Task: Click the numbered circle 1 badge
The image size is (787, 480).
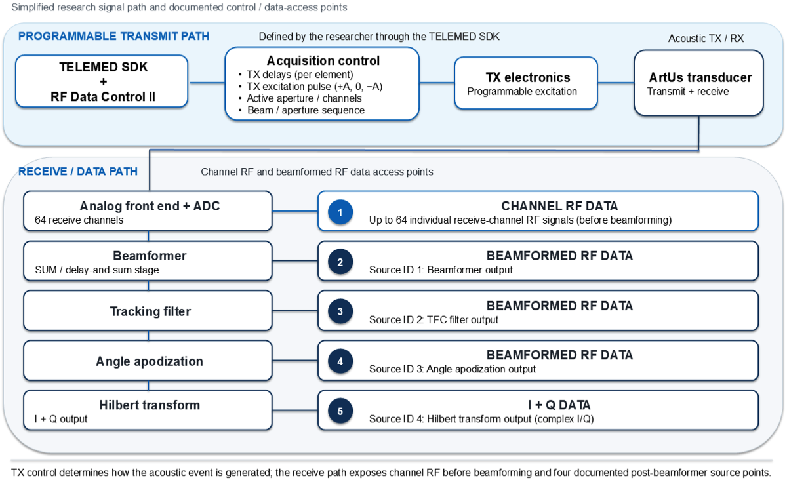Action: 340,212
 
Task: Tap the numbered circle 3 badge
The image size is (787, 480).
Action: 340,311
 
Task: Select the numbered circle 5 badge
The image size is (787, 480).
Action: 340,410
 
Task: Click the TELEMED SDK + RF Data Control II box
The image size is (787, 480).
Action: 102,81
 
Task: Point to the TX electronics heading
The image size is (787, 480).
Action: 528,77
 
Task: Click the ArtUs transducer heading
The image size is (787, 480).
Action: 700,77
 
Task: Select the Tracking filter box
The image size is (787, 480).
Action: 148,311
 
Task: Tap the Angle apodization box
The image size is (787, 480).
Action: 148,361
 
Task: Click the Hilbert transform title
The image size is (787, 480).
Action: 150,405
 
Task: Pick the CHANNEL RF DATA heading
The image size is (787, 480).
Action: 559,206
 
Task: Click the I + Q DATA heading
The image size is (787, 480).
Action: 559,405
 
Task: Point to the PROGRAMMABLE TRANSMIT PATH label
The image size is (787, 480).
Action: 113,36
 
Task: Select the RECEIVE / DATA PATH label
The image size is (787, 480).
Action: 78,172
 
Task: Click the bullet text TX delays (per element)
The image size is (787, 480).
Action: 300,75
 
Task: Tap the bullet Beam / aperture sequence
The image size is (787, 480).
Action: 306,110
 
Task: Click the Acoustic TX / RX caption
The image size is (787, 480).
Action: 706,38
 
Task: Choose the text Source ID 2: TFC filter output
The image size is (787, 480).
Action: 434,320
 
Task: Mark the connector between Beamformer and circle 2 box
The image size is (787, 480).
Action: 295,261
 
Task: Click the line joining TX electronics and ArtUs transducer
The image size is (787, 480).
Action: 616,83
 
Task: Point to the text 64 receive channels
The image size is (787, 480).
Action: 79,220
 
